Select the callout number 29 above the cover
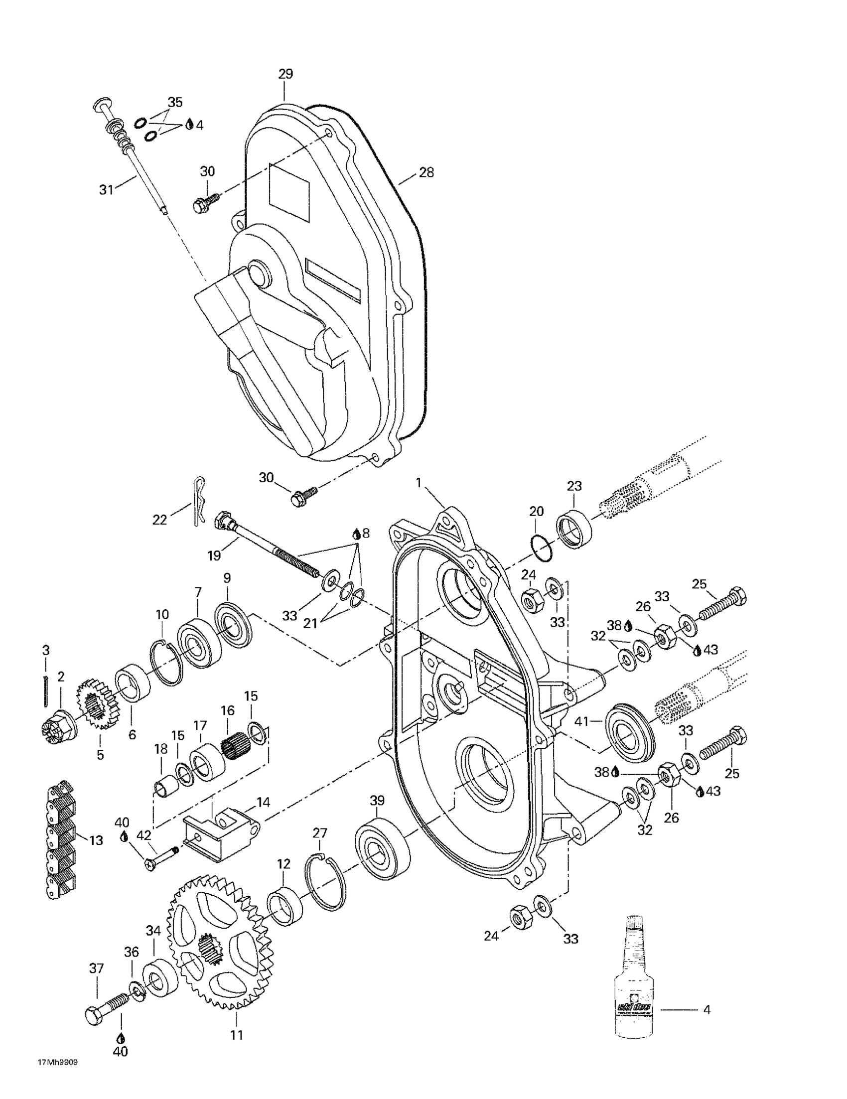click(x=285, y=74)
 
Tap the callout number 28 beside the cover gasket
click(x=426, y=172)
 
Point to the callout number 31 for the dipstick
click(x=106, y=190)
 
